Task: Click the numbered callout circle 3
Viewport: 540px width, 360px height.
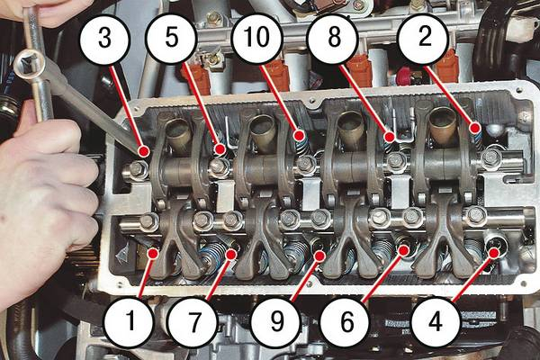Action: point(104,39)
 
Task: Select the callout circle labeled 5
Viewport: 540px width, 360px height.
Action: point(171,38)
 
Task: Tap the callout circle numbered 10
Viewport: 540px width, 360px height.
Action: point(256,38)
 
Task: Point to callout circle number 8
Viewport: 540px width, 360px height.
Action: point(333,38)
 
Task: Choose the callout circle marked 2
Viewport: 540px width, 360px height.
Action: point(424,38)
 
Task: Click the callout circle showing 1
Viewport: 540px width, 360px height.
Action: point(130,322)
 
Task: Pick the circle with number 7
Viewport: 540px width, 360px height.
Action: point(193,322)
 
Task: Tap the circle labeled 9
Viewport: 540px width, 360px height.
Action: point(276,322)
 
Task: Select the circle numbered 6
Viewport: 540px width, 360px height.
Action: point(346,322)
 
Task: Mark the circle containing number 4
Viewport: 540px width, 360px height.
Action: point(436,322)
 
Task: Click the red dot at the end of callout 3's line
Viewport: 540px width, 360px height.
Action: point(144,151)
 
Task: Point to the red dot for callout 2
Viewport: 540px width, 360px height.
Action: point(475,129)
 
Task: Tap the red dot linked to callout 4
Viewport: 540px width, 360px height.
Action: point(494,253)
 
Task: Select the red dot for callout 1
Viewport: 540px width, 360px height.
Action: point(152,253)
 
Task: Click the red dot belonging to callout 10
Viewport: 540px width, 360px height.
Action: point(300,135)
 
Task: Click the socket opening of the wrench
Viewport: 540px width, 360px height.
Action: point(29,63)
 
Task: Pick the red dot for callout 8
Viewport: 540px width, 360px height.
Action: point(390,137)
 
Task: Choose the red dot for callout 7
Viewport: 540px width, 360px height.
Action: point(231,254)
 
